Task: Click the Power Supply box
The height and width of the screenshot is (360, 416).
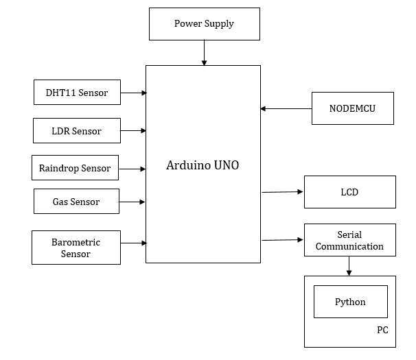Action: pos(204,24)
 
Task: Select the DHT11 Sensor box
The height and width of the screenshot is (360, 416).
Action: pos(77,93)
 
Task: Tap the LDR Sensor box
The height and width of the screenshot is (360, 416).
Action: pos(77,130)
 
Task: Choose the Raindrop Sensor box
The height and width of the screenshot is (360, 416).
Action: pos(75,168)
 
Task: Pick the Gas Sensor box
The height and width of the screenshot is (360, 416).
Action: pos(76,202)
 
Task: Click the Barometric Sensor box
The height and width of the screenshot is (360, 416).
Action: pos(76,248)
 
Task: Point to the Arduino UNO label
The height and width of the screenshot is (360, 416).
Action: pos(203,165)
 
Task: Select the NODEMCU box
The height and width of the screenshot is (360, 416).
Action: pos(352,108)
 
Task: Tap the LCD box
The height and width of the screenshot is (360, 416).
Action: pos(349,192)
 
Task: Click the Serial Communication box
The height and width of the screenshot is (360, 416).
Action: pos(349,240)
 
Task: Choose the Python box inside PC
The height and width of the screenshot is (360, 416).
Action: pos(350,302)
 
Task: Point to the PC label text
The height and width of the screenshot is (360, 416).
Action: pos(382,330)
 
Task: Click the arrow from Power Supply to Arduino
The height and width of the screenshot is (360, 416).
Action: pos(204,53)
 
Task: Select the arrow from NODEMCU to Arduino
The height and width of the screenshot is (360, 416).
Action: pos(286,108)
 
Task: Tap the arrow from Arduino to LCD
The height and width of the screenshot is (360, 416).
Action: pos(282,192)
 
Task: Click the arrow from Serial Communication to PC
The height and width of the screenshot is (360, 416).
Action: pos(349,266)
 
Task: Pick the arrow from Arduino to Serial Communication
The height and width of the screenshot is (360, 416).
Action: pos(282,240)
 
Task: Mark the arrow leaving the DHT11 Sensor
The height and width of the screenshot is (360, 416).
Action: pos(133,93)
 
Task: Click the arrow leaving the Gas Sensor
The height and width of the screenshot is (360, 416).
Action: pos(132,202)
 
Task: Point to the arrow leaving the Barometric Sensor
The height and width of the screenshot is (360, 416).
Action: pos(133,243)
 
